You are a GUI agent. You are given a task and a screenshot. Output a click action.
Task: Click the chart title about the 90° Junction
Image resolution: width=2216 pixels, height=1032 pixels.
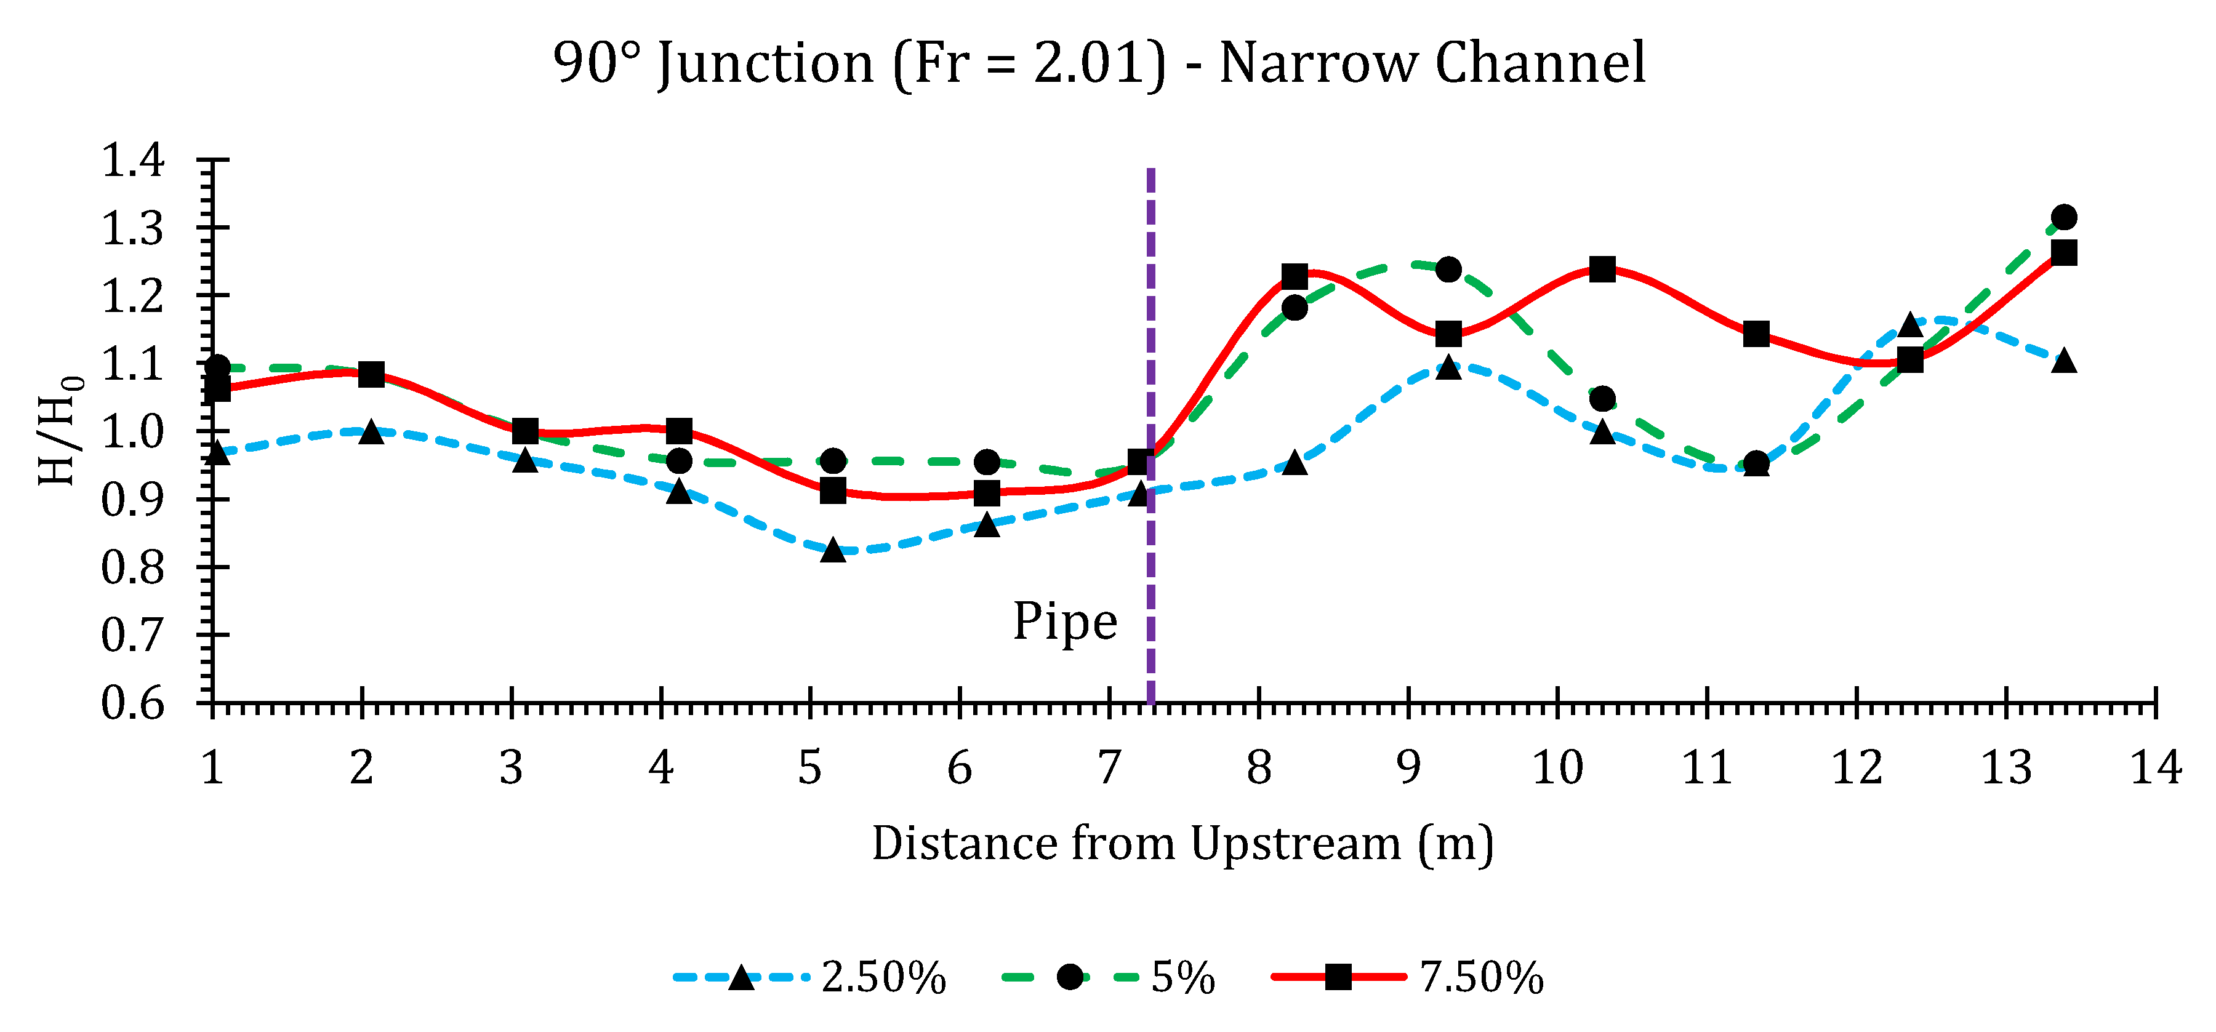[x=1099, y=63]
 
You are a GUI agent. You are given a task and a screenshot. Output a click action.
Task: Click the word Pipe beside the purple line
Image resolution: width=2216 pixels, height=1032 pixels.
[x=1064, y=622]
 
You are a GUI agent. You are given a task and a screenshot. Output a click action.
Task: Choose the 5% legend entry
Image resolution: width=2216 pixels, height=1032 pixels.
[x=1110, y=978]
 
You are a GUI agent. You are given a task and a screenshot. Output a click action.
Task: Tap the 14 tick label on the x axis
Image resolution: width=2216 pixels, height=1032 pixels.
[x=2155, y=767]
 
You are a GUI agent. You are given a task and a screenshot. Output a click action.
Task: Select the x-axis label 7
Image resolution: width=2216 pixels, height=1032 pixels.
[x=1109, y=767]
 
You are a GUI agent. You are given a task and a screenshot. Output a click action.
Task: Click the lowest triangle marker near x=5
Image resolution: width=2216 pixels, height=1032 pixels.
[x=833, y=550]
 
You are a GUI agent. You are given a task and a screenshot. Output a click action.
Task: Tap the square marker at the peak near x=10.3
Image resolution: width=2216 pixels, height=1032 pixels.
[x=1602, y=269]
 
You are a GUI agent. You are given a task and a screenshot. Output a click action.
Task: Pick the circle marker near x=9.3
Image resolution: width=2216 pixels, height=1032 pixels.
[x=1448, y=269]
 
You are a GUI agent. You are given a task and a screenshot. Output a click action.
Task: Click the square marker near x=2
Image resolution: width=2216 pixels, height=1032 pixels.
[x=371, y=374]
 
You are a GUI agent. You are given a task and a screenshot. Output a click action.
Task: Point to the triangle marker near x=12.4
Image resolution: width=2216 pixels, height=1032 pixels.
[x=1909, y=325]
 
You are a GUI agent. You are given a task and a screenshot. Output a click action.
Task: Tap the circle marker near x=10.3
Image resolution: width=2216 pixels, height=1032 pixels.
[x=1602, y=399]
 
